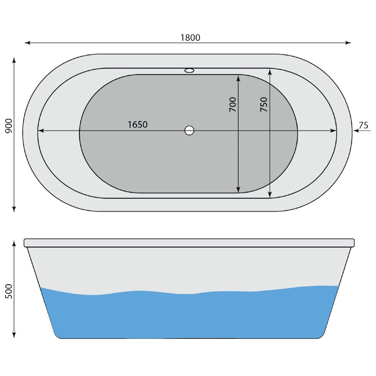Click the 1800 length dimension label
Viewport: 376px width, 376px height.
[x=190, y=38]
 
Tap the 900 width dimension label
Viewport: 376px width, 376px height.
[x=9, y=126]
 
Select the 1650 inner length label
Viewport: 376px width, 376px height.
[x=138, y=125]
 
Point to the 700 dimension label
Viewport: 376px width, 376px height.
[x=232, y=105]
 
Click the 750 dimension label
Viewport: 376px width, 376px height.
[x=264, y=105]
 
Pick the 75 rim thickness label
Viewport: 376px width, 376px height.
[x=364, y=126]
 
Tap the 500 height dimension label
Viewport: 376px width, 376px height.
[x=9, y=291]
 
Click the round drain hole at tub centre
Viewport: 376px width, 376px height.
[x=189, y=130]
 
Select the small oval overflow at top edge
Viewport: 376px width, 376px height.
[x=189, y=70]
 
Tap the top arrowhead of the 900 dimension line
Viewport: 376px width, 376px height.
[x=14, y=60]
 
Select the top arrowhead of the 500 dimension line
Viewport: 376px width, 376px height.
[x=14, y=243]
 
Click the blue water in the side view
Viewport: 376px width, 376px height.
[x=189, y=316]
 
